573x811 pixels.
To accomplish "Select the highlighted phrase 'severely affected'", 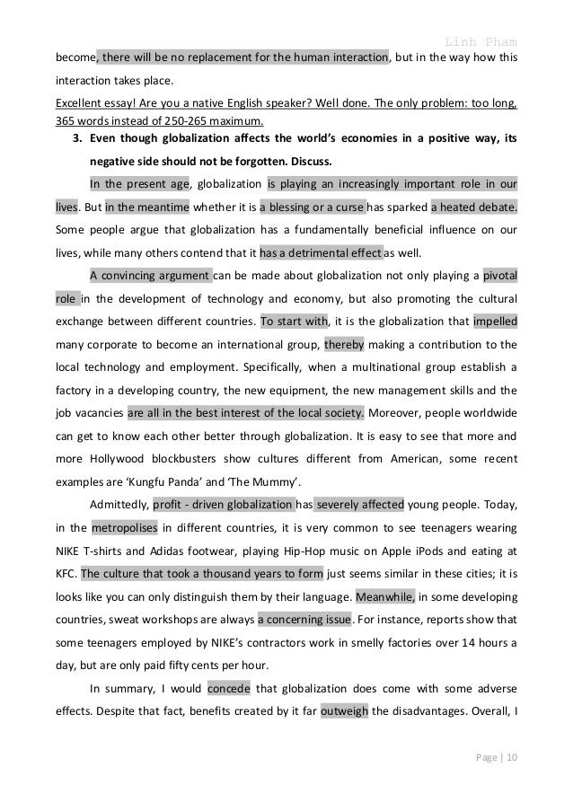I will [360, 505].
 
